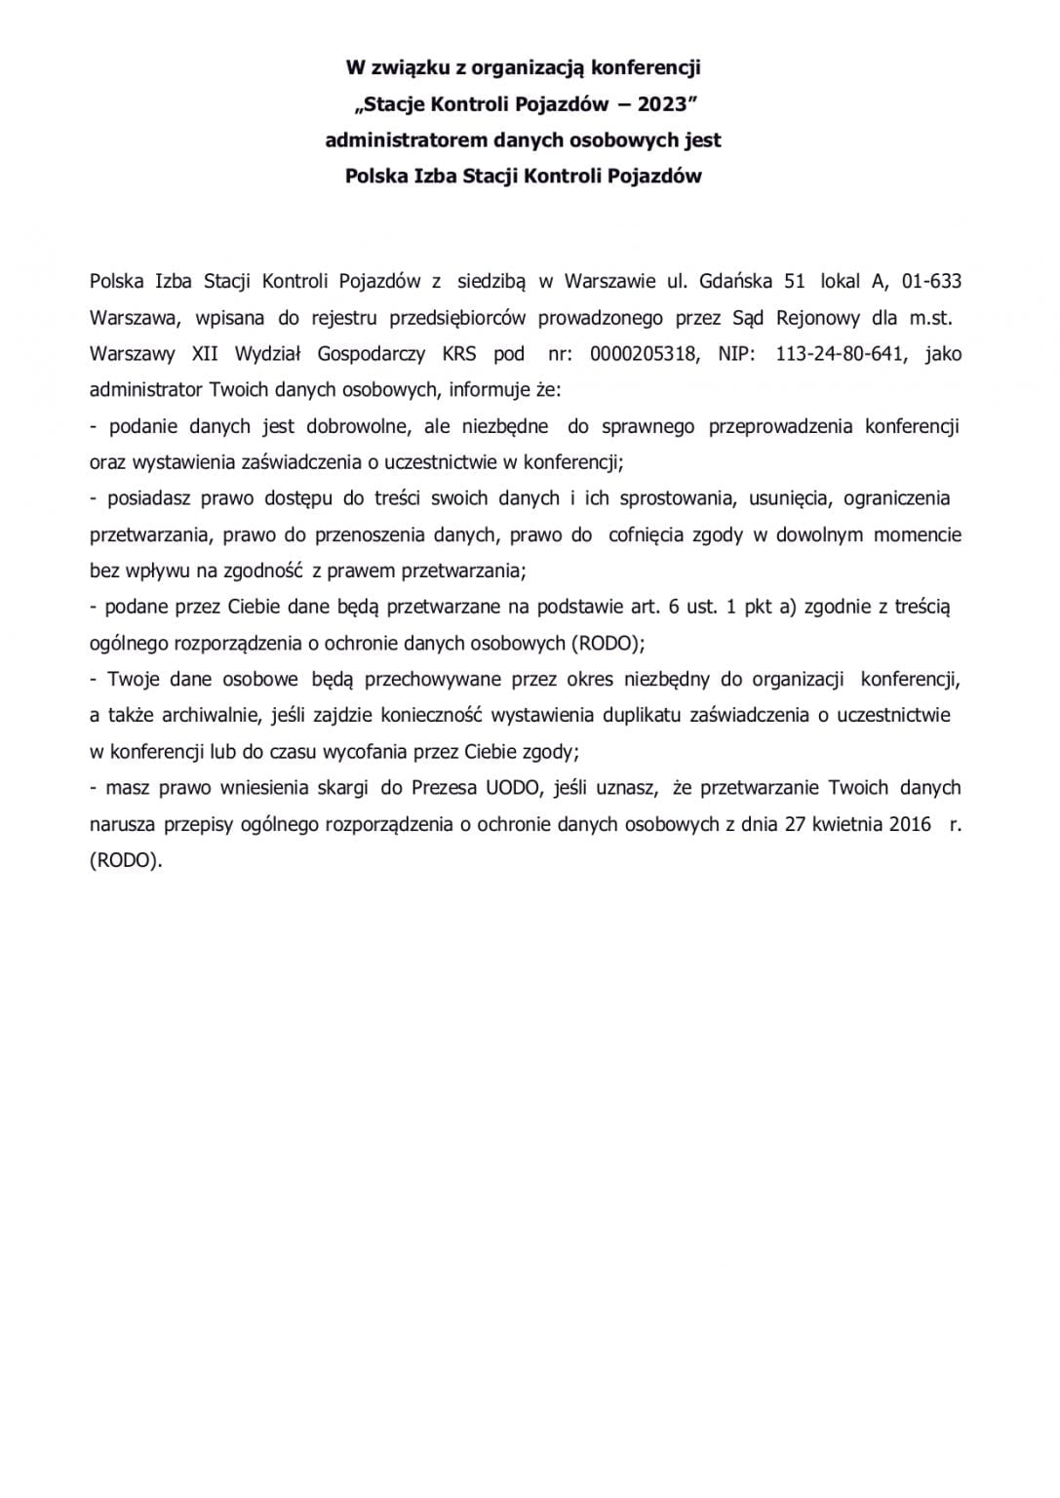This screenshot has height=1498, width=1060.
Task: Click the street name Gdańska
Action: [733, 282]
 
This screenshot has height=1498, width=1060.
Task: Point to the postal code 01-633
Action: [931, 282]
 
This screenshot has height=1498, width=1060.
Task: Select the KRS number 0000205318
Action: [645, 354]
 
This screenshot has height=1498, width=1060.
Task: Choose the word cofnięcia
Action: [648, 534]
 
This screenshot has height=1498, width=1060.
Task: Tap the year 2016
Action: [910, 823]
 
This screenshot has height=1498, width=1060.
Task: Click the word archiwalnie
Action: [204, 715]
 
